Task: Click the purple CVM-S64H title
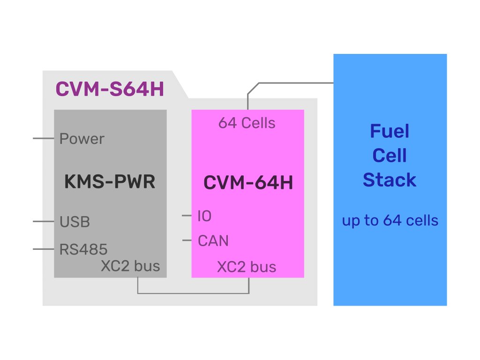click(x=110, y=89)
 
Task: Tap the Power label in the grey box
click(x=82, y=139)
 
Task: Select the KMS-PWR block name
click(x=110, y=181)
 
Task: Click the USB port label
click(x=75, y=222)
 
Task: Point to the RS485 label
click(x=83, y=249)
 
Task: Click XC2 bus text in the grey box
click(x=130, y=266)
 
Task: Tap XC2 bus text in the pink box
click(x=247, y=267)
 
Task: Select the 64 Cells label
click(x=247, y=123)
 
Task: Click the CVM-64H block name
click(x=248, y=182)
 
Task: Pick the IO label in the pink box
click(x=204, y=216)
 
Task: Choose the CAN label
click(x=213, y=240)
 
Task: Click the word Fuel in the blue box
click(x=390, y=131)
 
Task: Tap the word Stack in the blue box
click(x=390, y=180)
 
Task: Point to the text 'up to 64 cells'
click(x=390, y=221)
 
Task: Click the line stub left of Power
click(x=44, y=138)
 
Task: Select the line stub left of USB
click(x=44, y=221)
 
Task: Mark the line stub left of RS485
click(x=44, y=249)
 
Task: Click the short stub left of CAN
click(x=187, y=240)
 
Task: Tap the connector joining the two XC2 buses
click(x=193, y=293)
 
